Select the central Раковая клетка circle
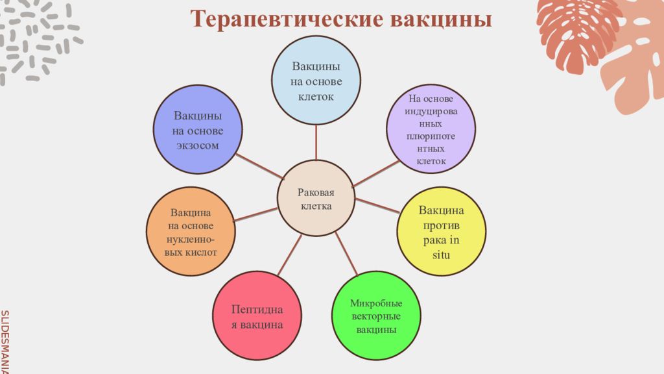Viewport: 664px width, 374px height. click(316, 199)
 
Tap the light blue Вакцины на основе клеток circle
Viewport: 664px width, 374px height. click(316, 81)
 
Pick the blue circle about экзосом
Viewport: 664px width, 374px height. click(198, 129)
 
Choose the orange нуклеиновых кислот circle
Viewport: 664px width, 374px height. click(191, 232)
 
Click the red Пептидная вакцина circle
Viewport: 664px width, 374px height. click(257, 316)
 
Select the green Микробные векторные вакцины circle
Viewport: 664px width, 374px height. click(376, 316)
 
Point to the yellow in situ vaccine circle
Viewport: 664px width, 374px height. click(441, 232)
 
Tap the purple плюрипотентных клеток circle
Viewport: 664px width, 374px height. click(431, 129)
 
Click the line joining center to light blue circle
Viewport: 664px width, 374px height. click(316, 143)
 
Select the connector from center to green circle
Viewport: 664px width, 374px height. click(346, 254)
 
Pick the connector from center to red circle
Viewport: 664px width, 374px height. click(290, 255)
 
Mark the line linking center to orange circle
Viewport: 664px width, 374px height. click(255, 214)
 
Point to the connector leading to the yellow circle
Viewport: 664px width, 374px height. click(377, 206)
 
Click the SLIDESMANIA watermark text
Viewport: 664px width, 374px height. click(5, 342)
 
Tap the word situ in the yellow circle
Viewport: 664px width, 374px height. click(441, 255)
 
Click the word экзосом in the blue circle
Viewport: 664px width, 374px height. click(198, 145)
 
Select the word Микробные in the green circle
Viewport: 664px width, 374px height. click(376, 303)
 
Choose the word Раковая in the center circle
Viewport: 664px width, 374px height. click(316, 192)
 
